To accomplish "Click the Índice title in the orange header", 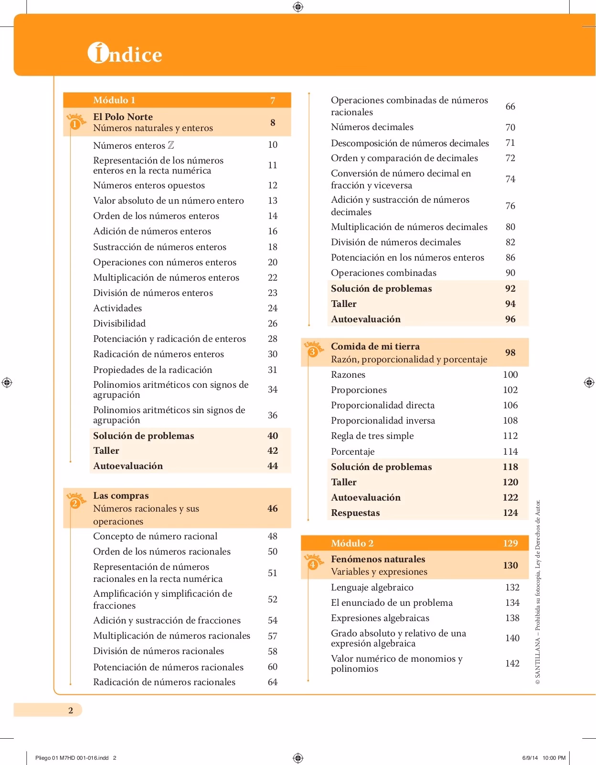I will (125, 54).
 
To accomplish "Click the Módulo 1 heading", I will (114, 100).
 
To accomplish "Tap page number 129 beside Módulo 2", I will (510, 543).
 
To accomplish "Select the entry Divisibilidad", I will (119, 323).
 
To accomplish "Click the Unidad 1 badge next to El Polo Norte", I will (75, 122).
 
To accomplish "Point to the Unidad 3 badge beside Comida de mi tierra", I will (313, 351).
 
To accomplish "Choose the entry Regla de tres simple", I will (372, 436).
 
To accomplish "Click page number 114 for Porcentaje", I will (510, 451).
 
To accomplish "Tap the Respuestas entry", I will (355, 513).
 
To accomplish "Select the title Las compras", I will (121, 495).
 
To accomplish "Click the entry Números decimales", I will (372, 127).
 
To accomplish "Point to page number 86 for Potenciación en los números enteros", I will (510, 257).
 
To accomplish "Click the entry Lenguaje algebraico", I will (372, 587).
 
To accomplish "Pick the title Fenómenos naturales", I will (378, 559).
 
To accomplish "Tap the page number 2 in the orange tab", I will (71, 710).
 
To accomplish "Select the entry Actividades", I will (117, 308).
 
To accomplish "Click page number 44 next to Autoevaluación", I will (272, 466).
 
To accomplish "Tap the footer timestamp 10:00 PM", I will (554, 758).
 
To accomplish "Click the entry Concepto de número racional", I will (155, 536).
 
